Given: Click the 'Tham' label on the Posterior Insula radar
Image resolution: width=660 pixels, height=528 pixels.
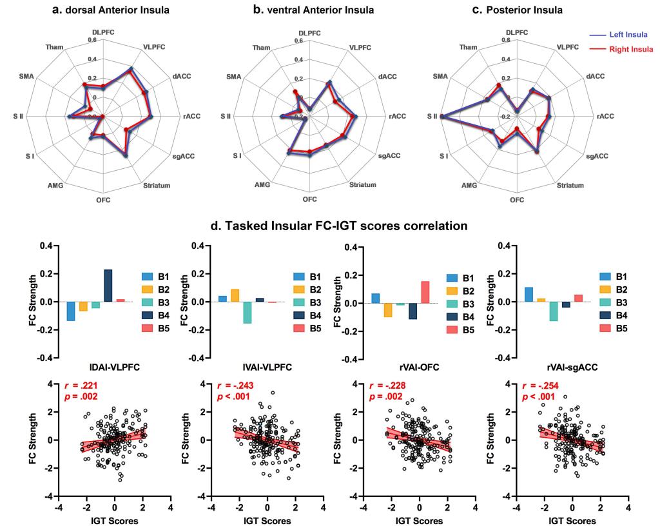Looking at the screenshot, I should coord(469,48).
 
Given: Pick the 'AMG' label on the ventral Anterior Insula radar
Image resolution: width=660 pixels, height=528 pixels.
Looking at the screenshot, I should coord(262,185).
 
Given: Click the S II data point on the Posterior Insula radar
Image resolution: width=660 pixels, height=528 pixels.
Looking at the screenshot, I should coord(442,116).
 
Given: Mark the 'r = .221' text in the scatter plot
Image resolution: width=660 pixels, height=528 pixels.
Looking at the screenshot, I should coord(81,386).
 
